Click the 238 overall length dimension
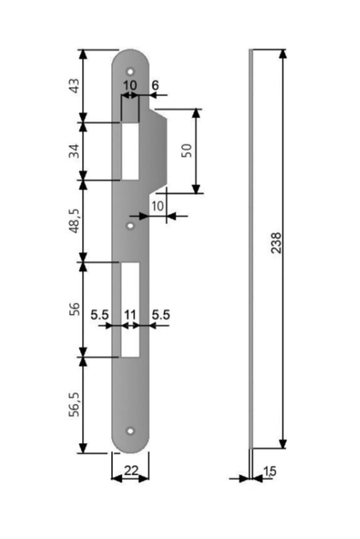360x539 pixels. click(276, 243)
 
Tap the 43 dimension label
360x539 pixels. click(74, 86)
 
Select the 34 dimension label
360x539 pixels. click(74, 151)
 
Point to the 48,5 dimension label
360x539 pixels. click(75, 221)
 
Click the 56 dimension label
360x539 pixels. click(74, 308)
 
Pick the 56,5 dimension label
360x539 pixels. click(75, 405)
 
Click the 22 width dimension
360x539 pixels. click(131, 471)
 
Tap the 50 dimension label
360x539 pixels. click(186, 151)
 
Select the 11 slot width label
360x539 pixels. click(130, 315)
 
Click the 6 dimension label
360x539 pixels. click(156, 86)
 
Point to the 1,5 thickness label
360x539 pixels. click(270, 471)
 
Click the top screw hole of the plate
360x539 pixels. click(130, 72)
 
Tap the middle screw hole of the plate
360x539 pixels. click(130, 226)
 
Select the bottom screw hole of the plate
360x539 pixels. click(130, 430)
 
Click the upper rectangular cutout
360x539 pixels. click(130, 151)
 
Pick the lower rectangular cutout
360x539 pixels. click(130, 310)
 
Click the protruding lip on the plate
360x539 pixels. click(157, 151)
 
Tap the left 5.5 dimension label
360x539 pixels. click(99, 315)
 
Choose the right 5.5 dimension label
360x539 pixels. click(161, 315)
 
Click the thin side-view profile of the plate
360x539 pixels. click(251, 249)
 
